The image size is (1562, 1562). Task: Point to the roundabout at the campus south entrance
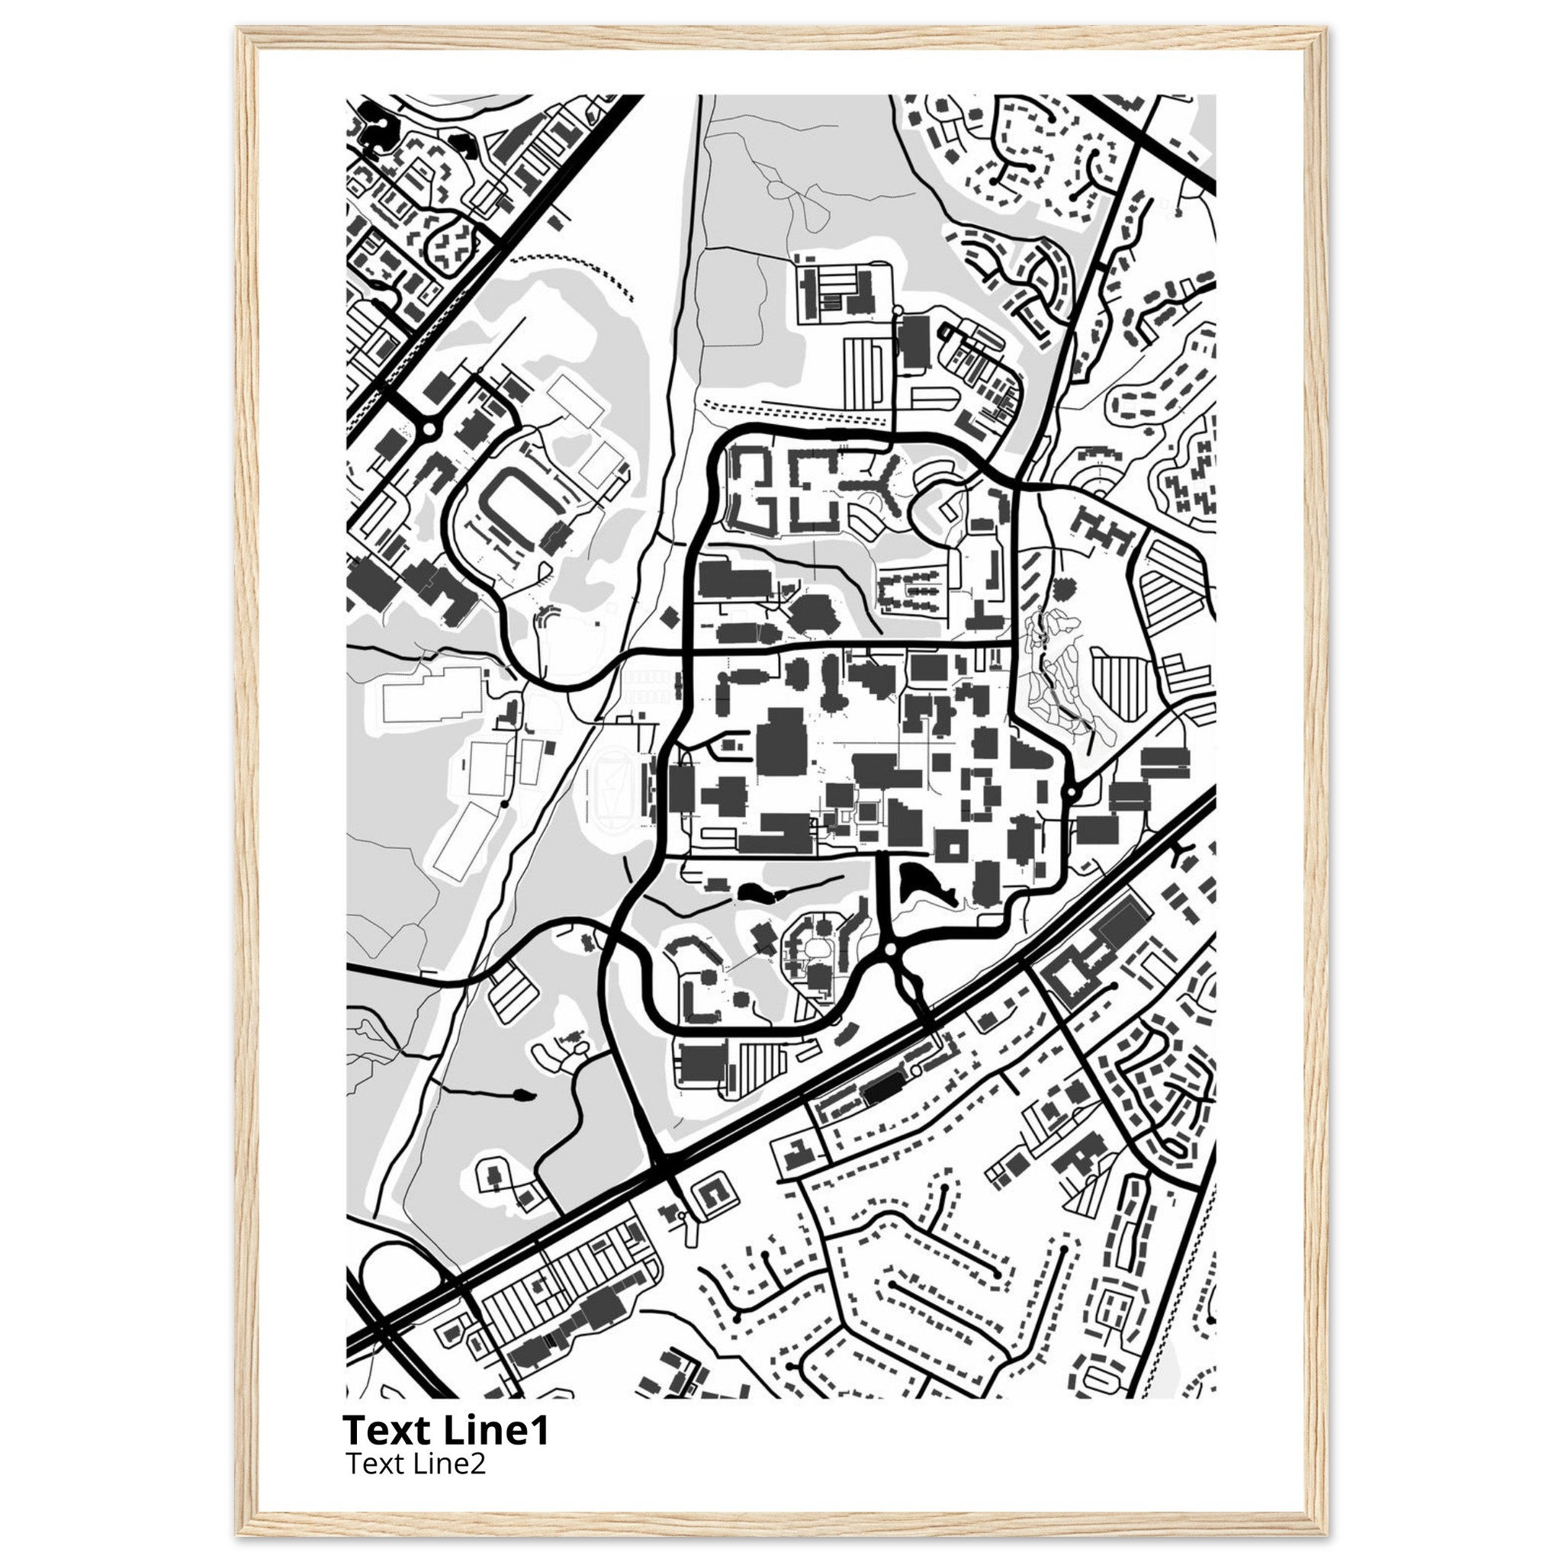coord(890,951)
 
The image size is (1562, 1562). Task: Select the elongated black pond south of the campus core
coord(760,892)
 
